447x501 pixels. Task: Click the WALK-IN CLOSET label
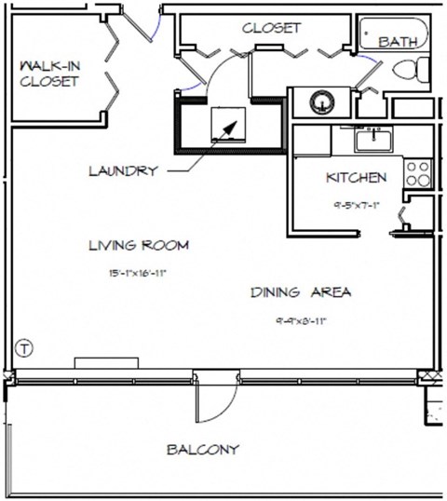(x=50, y=74)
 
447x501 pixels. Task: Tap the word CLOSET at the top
(x=271, y=28)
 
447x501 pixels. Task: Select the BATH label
(x=399, y=43)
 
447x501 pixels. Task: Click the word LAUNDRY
(x=122, y=171)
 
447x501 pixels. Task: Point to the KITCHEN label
(x=356, y=177)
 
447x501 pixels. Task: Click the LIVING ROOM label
(x=139, y=246)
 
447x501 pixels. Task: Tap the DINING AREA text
(x=300, y=292)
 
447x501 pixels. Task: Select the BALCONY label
(x=202, y=450)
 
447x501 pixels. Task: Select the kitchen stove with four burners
(x=416, y=171)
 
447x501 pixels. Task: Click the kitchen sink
(x=373, y=140)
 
